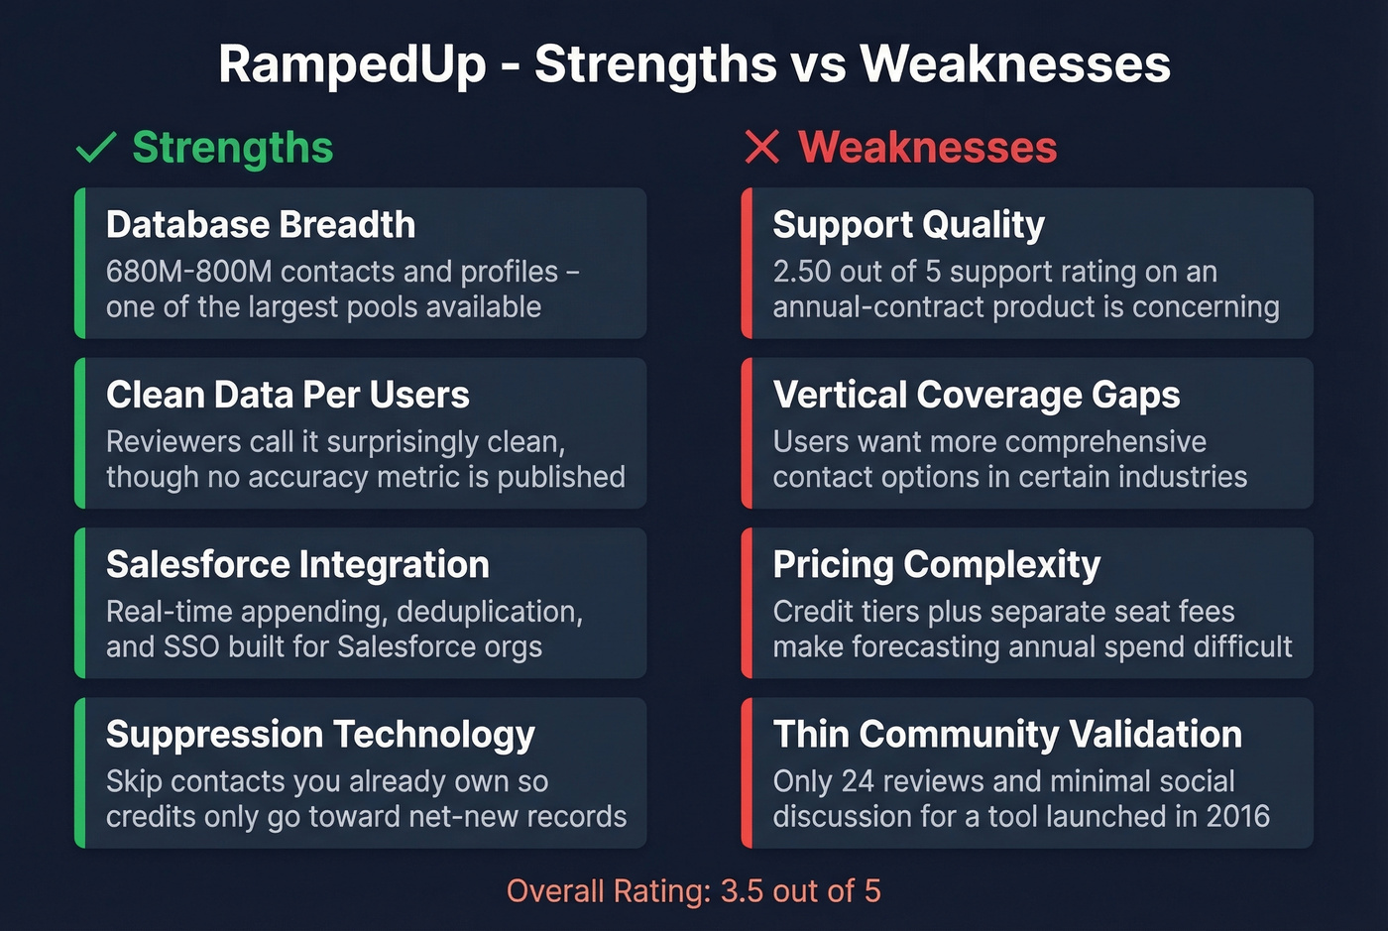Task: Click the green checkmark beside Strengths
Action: pyautogui.click(x=97, y=148)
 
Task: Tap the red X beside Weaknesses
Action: pyautogui.click(x=761, y=148)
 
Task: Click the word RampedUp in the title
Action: pyautogui.click(x=352, y=63)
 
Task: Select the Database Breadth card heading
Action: pyautogui.click(x=261, y=225)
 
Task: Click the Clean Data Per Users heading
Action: pyautogui.click(x=288, y=395)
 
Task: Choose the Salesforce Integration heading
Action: pyautogui.click(x=297, y=564)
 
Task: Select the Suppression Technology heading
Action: pyautogui.click(x=320, y=735)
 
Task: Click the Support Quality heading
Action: pyautogui.click(x=908, y=225)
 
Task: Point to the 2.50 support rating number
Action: pyautogui.click(x=801, y=272)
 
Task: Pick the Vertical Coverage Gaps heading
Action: pyautogui.click(x=977, y=395)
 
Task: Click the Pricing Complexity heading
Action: pyautogui.click(x=937, y=564)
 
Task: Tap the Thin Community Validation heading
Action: pyautogui.click(x=1007, y=735)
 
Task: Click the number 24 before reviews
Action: pyautogui.click(x=858, y=781)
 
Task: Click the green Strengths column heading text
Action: pyautogui.click(x=233, y=148)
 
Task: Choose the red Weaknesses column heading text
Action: pyautogui.click(x=928, y=148)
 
